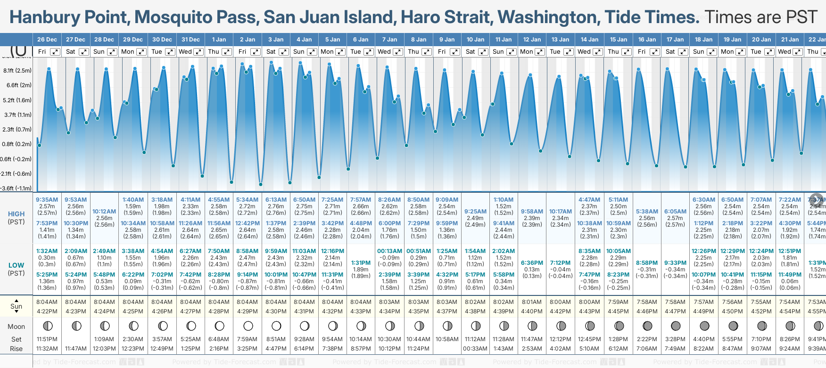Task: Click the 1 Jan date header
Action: pyautogui.click(x=219, y=40)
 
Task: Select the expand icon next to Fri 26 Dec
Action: pyautogui.click(x=55, y=52)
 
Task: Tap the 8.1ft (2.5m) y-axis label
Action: pyautogui.click(x=17, y=71)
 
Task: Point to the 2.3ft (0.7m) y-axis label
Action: pyautogui.click(x=17, y=129)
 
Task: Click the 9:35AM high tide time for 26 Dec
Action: pyautogui.click(x=47, y=200)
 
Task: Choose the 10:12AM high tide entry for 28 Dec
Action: pyautogui.click(x=104, y=212)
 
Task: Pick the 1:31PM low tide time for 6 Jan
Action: pyautogui.click(x=361, y=263)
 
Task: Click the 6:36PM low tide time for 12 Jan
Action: pyautogui.click(x=532, y=263)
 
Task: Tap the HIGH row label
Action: pyautogui.click(x=16, y=214)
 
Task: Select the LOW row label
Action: pyautogui.click(x=16, y=265)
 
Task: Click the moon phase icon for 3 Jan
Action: pyautogui.click(x=276, y=326)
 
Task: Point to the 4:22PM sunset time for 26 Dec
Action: pyautogui.click(x=47, y=311)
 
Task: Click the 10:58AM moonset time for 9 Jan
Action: pyautogui.click(x=447, y=339)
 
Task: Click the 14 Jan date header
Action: pyautogui.click(x=590, y=40)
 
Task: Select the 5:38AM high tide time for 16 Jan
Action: pyautogui.click(x=647, y=212)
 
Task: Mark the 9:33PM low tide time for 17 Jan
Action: pyautogui.click(x=675, y=263)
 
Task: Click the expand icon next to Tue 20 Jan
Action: pyautogui.click(x=769, y=52)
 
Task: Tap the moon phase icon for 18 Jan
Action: pyautogui.click(x=704, y=326)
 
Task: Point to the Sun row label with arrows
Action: pyautogui.click(x=16, y=306)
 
